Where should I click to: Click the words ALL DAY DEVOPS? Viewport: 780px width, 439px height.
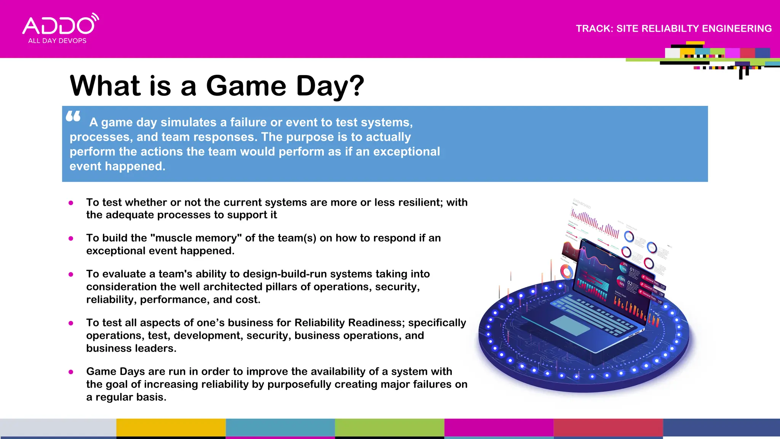57,41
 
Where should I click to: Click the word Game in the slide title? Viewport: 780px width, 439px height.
246,86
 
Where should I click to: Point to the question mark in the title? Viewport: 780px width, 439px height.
356,86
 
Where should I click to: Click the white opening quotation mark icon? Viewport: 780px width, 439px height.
73,116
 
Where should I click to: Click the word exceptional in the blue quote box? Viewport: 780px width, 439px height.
406,152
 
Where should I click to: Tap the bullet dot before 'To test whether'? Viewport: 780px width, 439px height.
71,203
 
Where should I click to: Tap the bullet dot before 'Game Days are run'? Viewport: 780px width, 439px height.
71,372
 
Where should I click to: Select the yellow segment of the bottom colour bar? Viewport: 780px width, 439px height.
171,428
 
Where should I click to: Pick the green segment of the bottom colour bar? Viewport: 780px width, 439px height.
389,428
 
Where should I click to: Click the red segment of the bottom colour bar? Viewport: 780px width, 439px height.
608,428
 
